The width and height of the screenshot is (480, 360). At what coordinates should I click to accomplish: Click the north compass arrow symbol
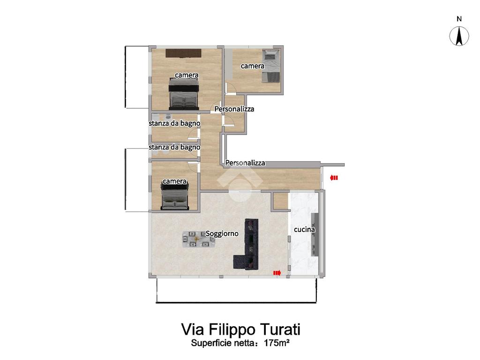(x=459, y=36)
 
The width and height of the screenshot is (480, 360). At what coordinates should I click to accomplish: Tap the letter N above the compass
(x=459, y=19)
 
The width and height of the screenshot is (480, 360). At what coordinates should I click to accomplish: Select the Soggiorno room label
(x=222, y=233)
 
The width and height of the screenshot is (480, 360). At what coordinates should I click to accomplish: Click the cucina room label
(x=304, y=230)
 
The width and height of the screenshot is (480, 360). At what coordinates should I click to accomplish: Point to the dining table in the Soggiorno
(x=198, y=239)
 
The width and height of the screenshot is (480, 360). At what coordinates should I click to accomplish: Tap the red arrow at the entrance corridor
(x=334, y=178)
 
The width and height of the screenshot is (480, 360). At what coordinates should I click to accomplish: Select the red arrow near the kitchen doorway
(x=277, y=273)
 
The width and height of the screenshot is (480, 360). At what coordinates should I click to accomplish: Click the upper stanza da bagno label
(x=174, y=123)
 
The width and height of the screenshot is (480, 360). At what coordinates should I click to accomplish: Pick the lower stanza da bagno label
(x=174, y=147)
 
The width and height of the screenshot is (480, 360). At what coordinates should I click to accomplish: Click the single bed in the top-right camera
(x=271, y=66)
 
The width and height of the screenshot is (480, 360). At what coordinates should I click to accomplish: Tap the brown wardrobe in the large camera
(x=183, y=53)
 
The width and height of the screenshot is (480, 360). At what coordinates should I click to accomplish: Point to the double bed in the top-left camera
(x=184, y=94)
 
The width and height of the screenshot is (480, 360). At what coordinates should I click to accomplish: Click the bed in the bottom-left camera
(x=174, y=195)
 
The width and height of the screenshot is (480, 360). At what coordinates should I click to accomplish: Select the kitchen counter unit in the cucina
(x=315, y=234)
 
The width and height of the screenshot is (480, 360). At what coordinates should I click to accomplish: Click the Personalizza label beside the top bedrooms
(x=234, y=109)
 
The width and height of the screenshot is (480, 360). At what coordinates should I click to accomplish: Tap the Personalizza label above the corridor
(x=245, y=163)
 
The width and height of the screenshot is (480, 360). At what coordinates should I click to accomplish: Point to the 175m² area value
(x=277, y=343)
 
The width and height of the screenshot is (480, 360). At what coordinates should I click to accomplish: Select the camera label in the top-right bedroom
(x=253, y=66)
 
